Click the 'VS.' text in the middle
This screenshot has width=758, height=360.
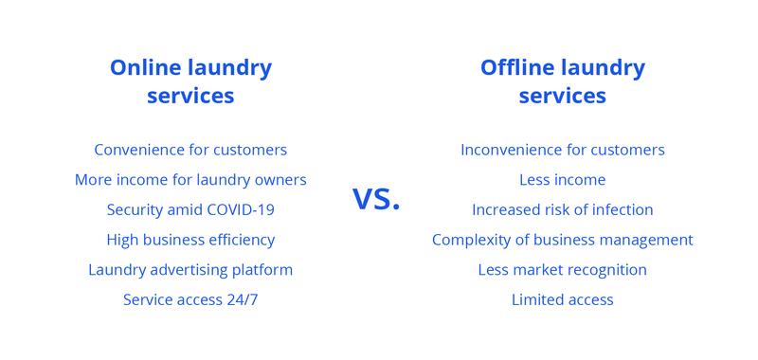coord(377,199)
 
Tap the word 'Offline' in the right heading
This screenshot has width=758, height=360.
coord(517,68)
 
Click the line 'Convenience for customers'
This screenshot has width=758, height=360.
coord(190,150)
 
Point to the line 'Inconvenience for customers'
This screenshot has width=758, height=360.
coord(563,150)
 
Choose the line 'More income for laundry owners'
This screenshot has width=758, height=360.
coord(190,180)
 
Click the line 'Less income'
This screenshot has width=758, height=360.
coord(563,180)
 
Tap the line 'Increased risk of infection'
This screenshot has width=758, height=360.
coord(563,209)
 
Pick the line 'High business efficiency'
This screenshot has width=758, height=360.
coord(190,240)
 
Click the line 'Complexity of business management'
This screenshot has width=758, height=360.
coord(563,240)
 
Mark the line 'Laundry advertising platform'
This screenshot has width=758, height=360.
coord(190,270)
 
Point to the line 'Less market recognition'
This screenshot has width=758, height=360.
coord(563,270)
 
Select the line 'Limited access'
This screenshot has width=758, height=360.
coord(563,300)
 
